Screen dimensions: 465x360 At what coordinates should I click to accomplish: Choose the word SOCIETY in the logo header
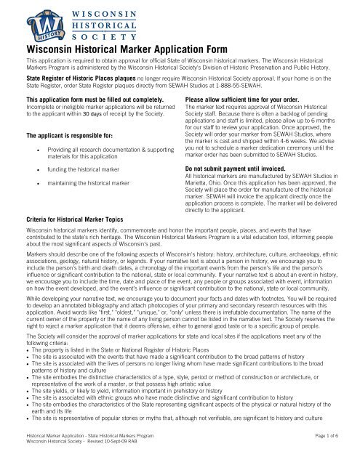(103, 36)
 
